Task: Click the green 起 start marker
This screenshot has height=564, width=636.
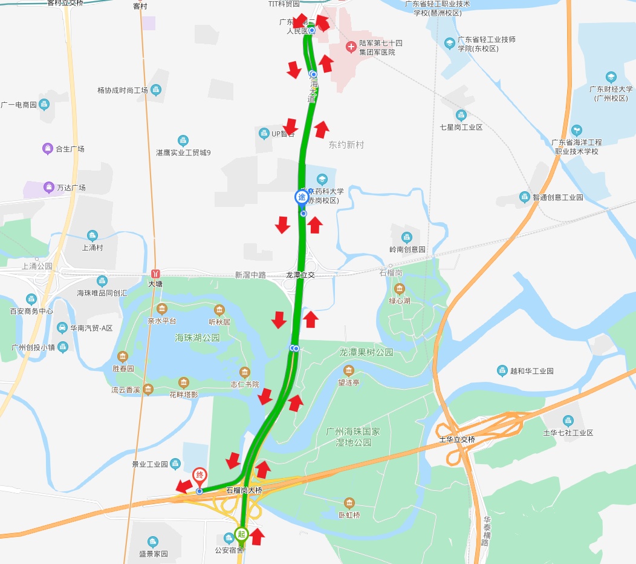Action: pos(241,534)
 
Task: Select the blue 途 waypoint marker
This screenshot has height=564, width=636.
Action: pos(301,197)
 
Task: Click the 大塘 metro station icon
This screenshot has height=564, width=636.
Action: pos(156,274)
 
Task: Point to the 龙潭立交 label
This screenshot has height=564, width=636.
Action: pos(300,275)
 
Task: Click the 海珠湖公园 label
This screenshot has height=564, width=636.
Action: pos(197,338)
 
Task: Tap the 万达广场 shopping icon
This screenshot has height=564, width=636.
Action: pos(48,188)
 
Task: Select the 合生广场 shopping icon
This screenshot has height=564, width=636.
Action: pos(47,149)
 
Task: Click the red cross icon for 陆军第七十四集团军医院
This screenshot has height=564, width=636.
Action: pos(351,47)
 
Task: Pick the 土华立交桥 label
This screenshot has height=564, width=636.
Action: pos(458,439)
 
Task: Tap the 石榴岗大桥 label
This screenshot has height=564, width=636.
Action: pos(244,490)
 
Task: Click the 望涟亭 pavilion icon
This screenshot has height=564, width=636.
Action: pos(348,370)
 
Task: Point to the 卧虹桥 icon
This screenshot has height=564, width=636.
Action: pos(349,503)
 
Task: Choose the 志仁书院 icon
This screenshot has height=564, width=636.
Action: pos(244,372)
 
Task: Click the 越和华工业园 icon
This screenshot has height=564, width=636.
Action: pos(502,370)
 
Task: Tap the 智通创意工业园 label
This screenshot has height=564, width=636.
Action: pos(557,197)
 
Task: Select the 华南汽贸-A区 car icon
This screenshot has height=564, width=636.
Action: pos(62,328)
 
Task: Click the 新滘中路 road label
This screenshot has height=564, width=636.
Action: pos(250,275)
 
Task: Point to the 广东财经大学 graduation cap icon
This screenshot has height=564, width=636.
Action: pos(611,77)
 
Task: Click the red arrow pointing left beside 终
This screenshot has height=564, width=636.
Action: pos(184,485)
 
